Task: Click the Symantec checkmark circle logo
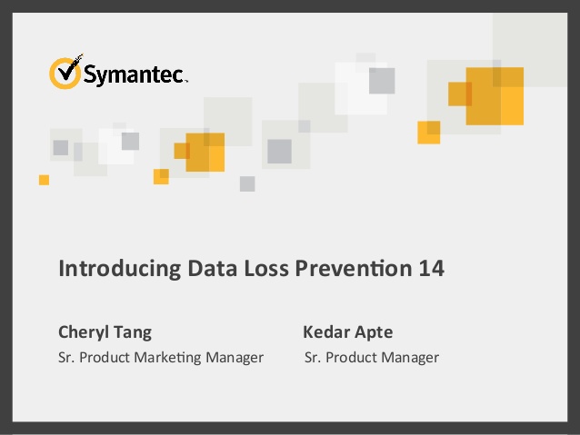point(65,72)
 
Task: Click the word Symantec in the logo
point(134,74)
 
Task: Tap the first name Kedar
point(325,331)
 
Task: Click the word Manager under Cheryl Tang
point(234,358)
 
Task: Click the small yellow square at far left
point(44,180)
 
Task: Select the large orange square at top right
point(495,96)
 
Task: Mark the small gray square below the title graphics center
point(247,183)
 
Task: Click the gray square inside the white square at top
point(382,81)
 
